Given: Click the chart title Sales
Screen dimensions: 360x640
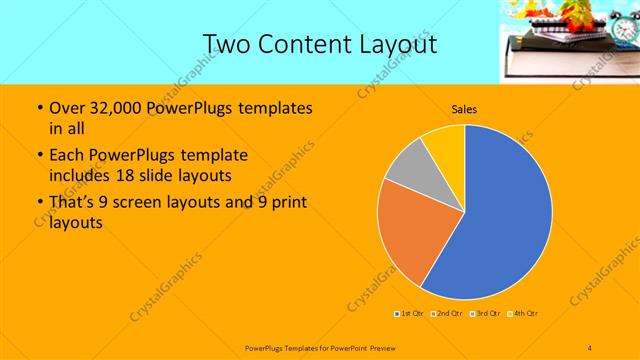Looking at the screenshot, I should click(x=464, y=109).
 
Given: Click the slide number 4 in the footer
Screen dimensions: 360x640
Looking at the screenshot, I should click(x=590, y=347).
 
